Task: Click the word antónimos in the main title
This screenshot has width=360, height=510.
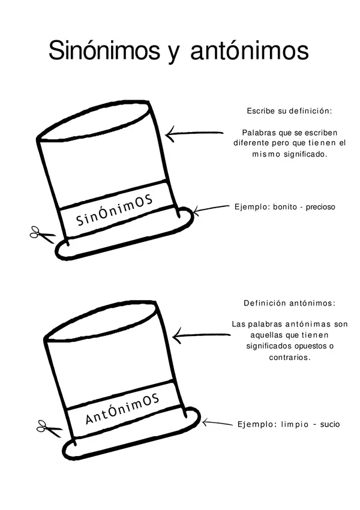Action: (250, 50)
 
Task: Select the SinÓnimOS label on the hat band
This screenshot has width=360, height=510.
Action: (115, 211)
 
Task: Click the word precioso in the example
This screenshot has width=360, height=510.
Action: (320, 207)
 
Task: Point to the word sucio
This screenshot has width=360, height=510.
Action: (330, 424)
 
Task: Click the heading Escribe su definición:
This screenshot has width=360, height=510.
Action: (289, 111)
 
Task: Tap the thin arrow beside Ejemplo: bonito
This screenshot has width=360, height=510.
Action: (211, 209)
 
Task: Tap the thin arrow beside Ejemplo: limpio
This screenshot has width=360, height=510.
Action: (217, 423)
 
